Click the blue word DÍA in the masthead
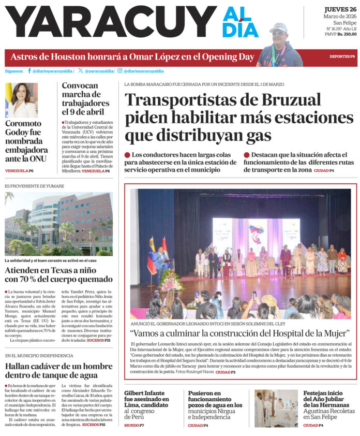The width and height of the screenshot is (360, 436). coord(241,30)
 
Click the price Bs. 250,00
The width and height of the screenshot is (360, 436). coord(347,34)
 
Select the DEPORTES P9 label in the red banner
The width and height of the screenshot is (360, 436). coord(342,56)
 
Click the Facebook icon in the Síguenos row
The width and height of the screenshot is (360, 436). coord(29,71)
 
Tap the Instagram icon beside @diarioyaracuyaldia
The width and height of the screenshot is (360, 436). coord(119,71)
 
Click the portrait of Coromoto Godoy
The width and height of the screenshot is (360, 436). coord(21,100)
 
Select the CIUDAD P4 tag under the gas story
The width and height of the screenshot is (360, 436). coord(324,170)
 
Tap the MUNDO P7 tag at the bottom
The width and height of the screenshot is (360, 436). coord(134,425)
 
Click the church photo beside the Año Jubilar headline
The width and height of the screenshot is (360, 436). coord(276,409)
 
